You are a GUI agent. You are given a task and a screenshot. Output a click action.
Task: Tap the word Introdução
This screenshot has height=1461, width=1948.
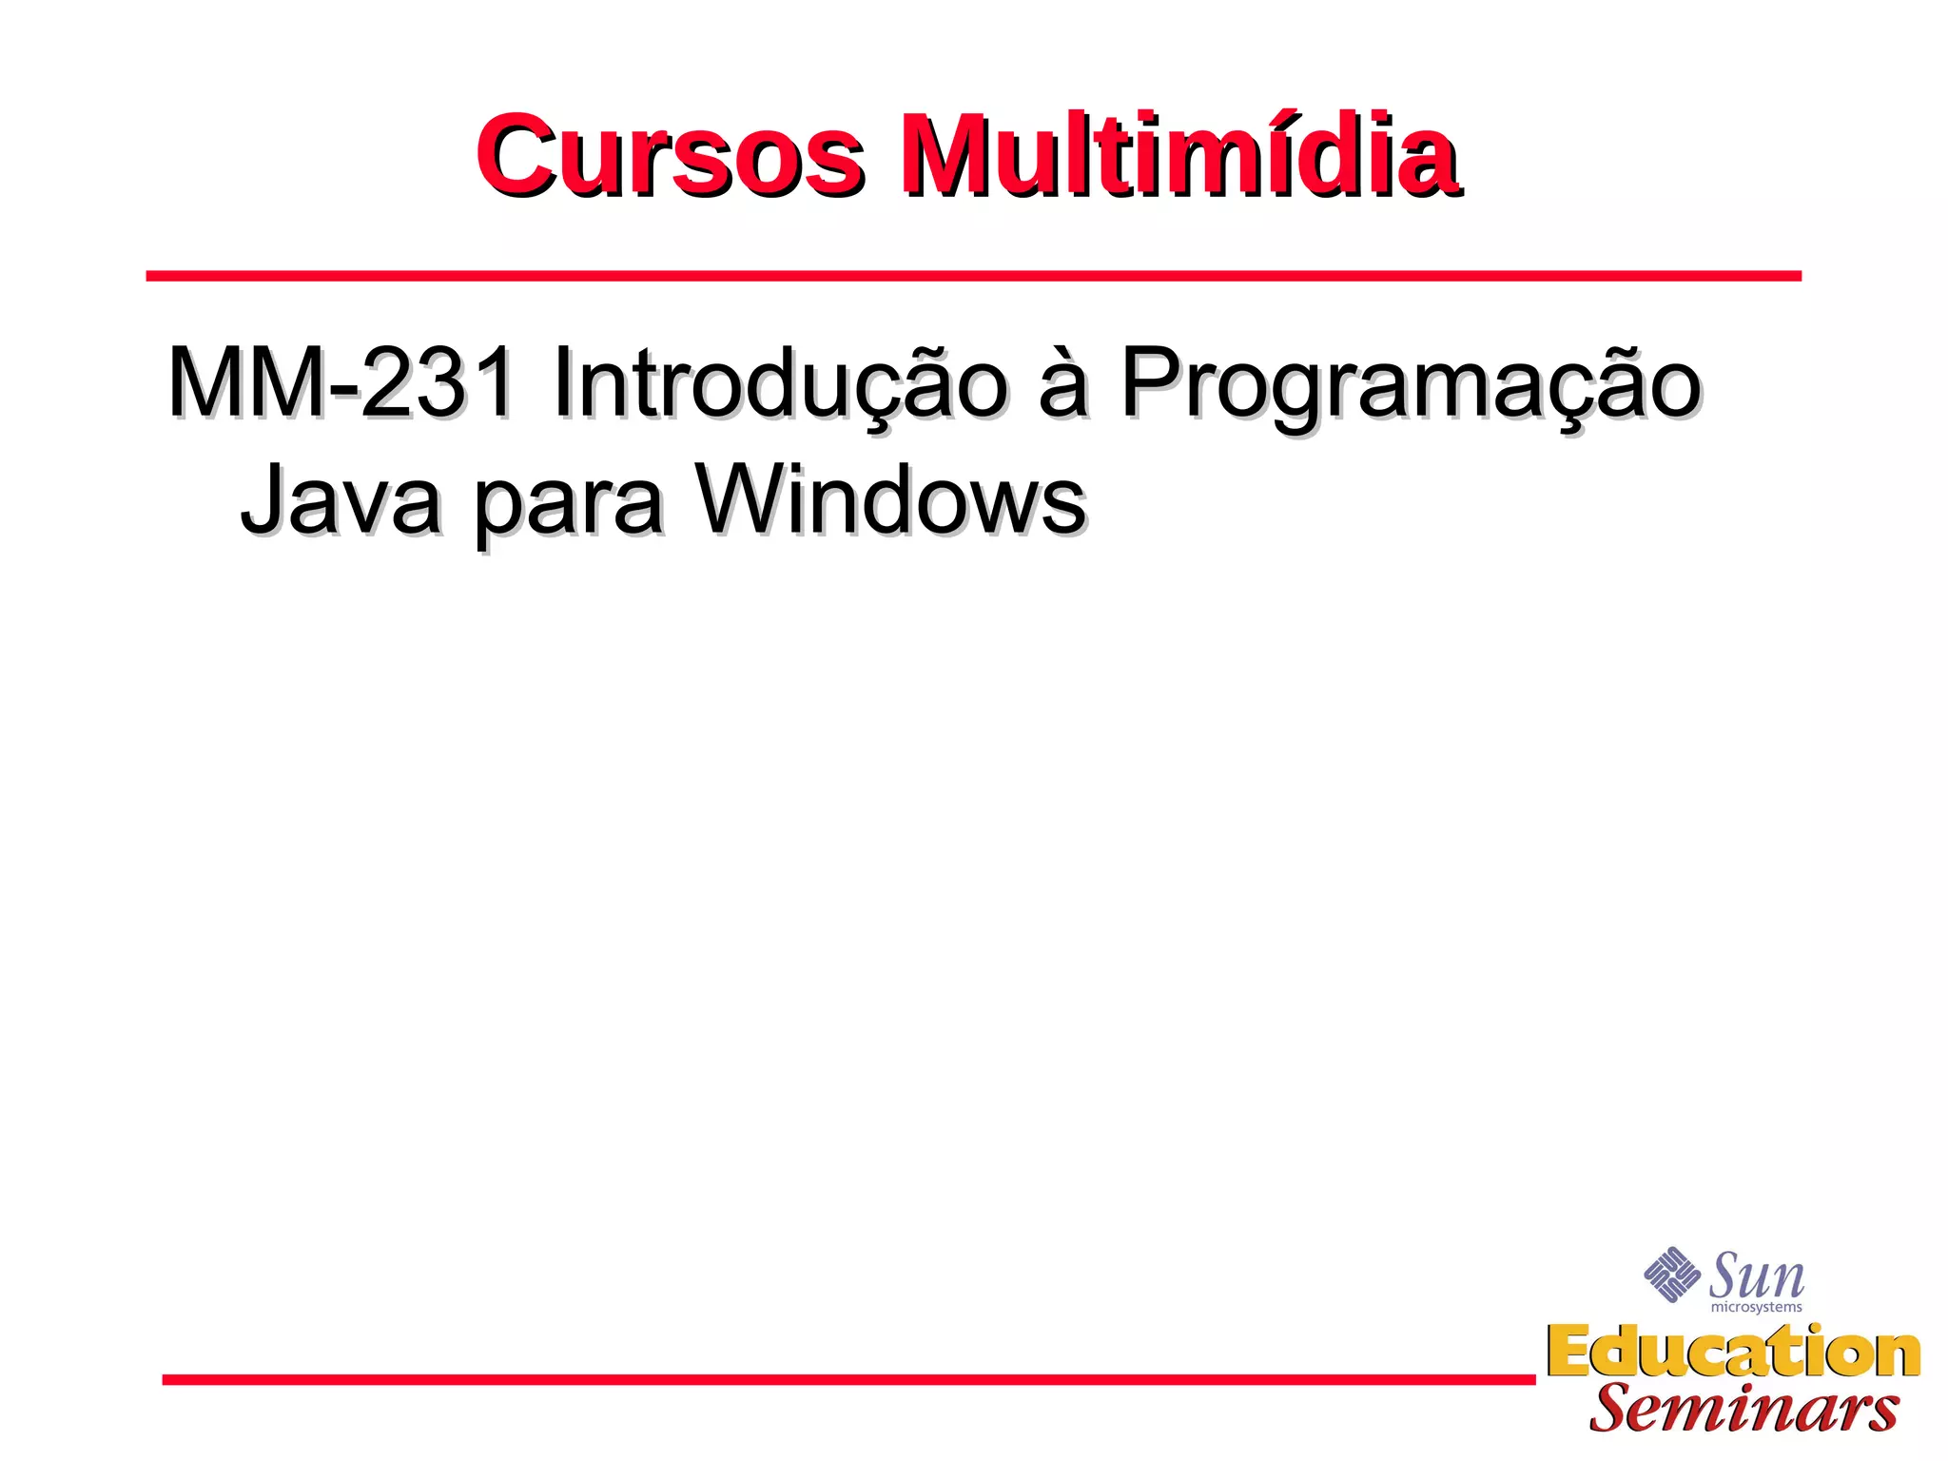778,384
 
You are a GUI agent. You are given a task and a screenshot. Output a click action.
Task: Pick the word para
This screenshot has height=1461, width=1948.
568,504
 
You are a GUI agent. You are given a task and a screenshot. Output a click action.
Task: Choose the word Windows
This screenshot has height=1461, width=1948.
891,499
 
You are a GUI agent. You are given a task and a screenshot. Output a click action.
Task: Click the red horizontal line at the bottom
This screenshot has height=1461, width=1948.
847,1379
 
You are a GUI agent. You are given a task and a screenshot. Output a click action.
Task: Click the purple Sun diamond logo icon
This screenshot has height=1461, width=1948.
1671,1275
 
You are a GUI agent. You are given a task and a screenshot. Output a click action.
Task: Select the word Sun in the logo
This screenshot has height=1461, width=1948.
1757,1276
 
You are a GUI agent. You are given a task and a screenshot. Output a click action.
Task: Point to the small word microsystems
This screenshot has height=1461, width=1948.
1756,1308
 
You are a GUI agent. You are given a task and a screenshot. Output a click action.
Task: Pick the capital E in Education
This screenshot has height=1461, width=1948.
1570,1352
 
